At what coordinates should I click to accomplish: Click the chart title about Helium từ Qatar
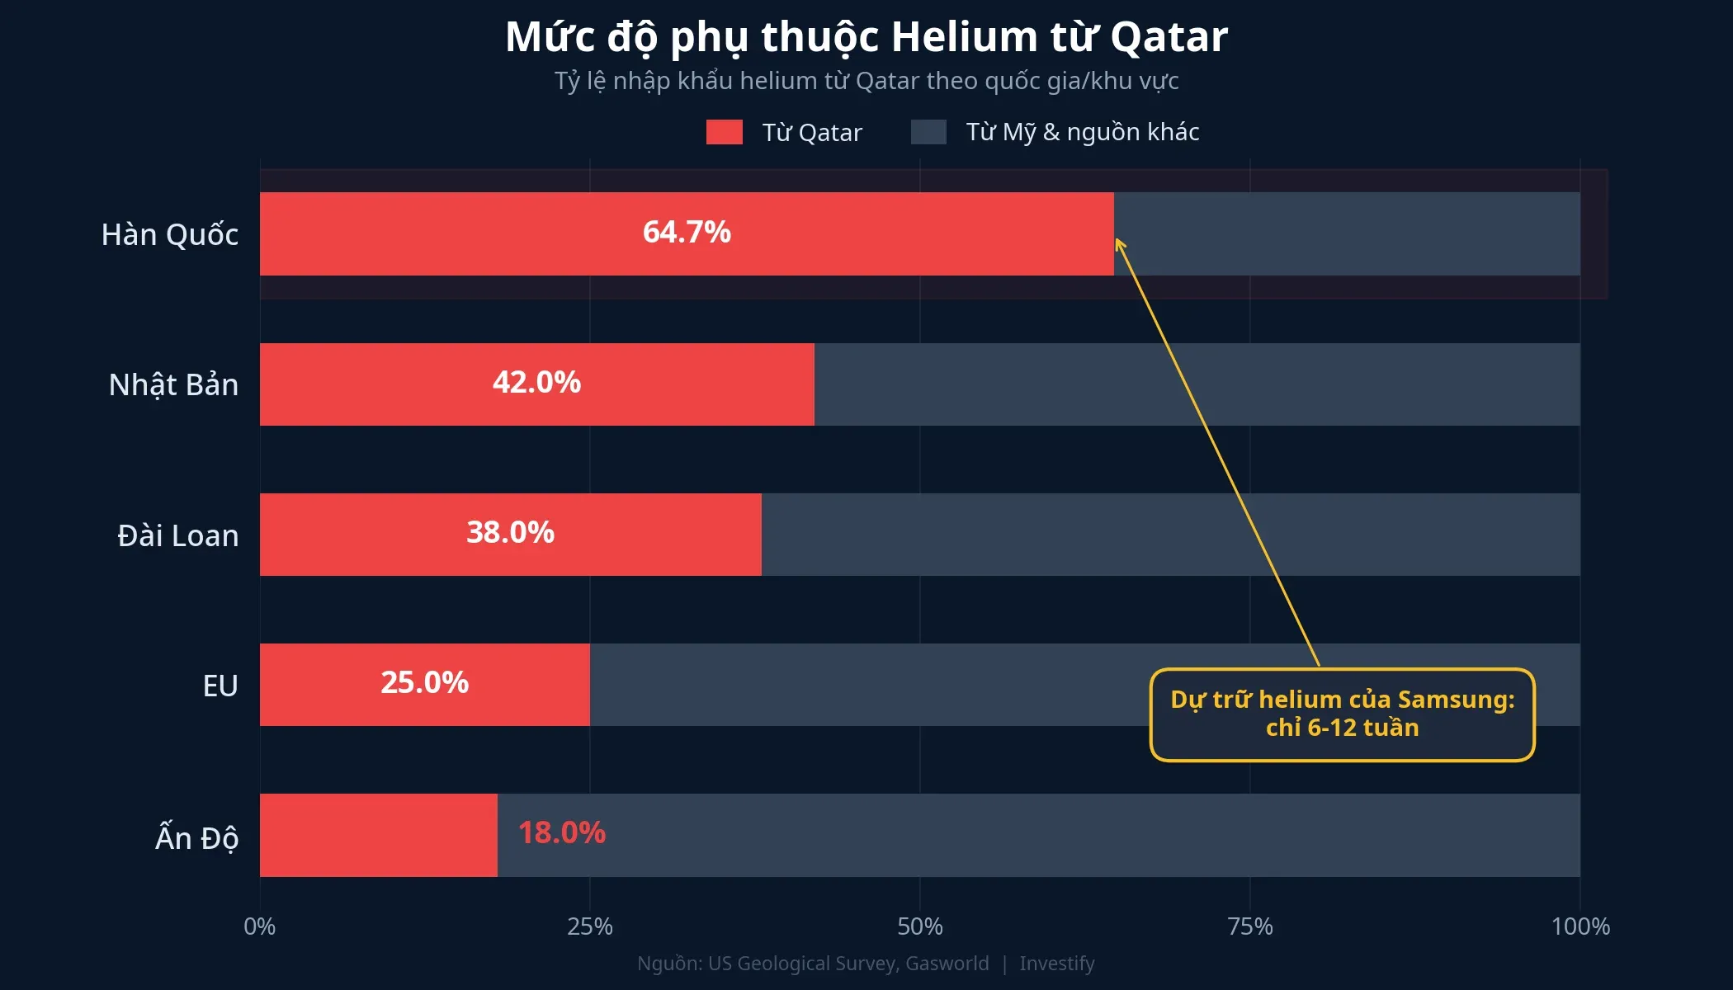point(866,37)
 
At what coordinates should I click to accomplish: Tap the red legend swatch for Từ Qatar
point(724,132)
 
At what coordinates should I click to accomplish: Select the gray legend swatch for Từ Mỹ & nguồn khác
point(928,132)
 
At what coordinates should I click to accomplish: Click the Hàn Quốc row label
point(169,234)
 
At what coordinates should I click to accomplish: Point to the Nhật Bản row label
point(173,384)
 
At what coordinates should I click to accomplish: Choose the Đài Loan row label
point(177,535)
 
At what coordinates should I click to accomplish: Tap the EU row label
point(220,686)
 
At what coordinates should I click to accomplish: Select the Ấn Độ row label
point(196,837)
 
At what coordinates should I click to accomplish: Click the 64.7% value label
point(687,232)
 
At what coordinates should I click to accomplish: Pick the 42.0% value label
point(536,382)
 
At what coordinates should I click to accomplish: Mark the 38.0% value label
point(510,532)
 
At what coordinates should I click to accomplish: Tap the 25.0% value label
point(424,682)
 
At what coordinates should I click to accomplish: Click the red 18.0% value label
point(561,832)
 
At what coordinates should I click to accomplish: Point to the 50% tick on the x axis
point(919,926)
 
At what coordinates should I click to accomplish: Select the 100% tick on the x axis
point(1580,926)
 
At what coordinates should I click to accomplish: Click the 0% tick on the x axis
point(259,926)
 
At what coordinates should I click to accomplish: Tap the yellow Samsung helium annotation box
point(1342,714)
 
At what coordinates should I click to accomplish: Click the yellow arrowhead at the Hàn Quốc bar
point(1119,243)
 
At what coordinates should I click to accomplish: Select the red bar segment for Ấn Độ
point(378,835)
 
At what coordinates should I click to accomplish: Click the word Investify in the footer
point(1056,964)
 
